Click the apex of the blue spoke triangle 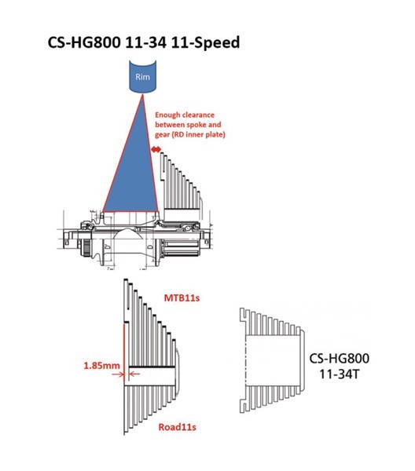[x=141, y=97]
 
